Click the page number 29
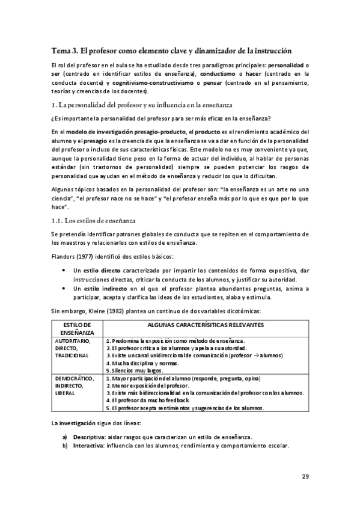tap(305, 477)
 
